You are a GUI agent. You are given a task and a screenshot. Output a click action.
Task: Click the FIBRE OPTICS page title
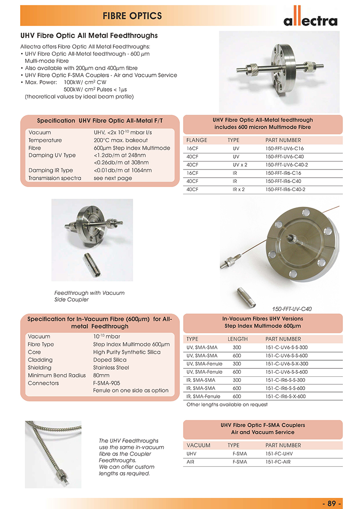click(132, 16)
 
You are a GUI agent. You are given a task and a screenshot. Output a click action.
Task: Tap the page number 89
click(332, 503)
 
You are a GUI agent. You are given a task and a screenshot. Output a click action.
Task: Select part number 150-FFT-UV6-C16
click(283, 148)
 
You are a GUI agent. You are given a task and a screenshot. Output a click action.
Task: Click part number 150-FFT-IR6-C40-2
click(286, 189)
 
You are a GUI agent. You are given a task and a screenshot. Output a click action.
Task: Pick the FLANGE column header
click(197, 140)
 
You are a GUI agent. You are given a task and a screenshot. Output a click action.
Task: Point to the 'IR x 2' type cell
click(238, 189)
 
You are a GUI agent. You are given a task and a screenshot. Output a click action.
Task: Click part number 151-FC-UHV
click(279, 454)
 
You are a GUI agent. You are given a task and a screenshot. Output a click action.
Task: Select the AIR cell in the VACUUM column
click(190, 462)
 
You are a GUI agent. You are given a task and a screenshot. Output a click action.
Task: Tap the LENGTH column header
click(238, 339)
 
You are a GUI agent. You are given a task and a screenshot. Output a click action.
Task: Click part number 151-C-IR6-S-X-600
click(286, 396)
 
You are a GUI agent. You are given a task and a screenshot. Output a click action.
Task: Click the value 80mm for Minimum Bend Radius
click(101, 375)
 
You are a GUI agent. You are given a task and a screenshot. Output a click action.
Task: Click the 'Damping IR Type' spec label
click(50, 170)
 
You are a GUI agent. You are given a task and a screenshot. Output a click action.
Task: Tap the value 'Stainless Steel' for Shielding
click(111, 367)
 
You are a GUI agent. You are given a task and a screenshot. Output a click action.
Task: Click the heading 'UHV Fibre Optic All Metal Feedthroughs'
click(89, 35)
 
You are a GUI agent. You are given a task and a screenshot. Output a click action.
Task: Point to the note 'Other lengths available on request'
click(227, 404)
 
